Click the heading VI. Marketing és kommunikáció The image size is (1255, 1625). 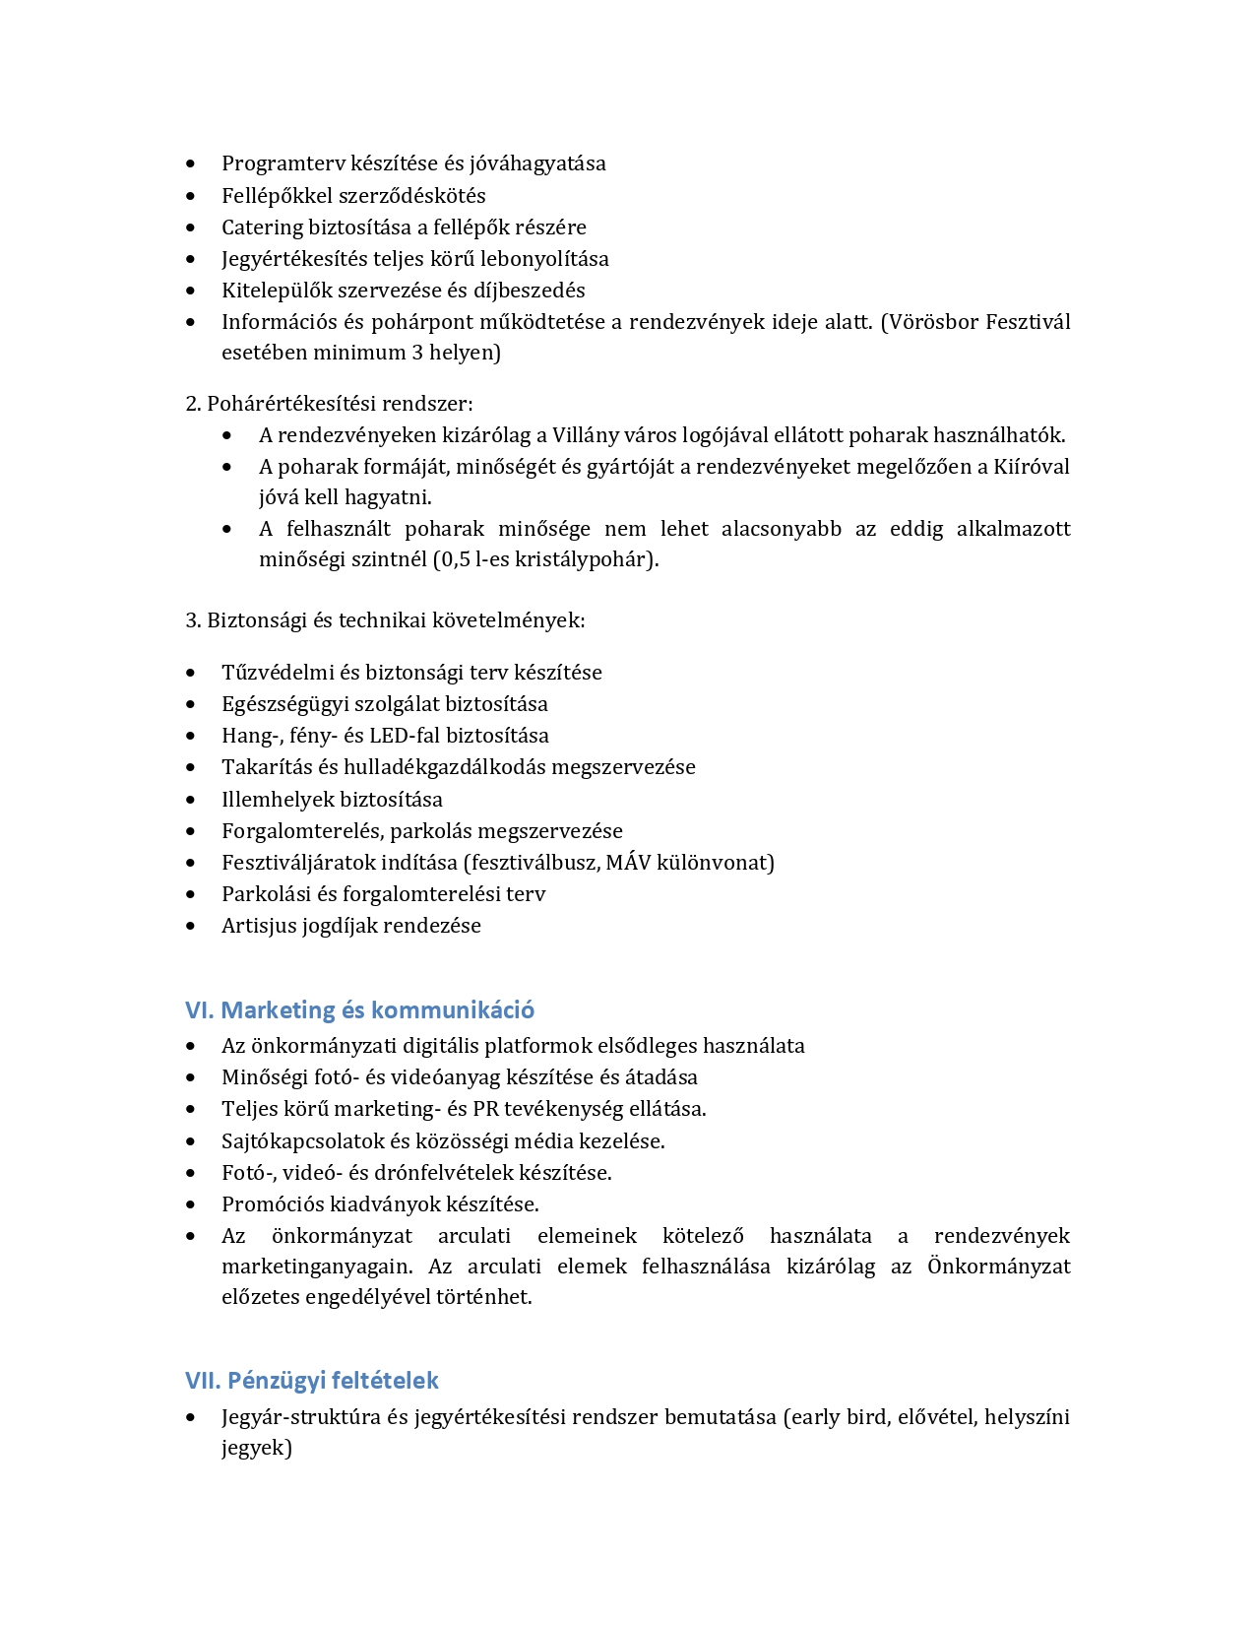click(359, 1010)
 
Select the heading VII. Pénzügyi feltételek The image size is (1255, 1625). click(311, 1381)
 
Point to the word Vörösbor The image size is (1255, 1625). click(931, 322)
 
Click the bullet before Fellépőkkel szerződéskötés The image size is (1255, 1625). click(191, 196)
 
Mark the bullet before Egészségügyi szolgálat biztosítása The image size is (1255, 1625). click(191, 704)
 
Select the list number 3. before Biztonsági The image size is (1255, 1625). click(193, 620)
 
